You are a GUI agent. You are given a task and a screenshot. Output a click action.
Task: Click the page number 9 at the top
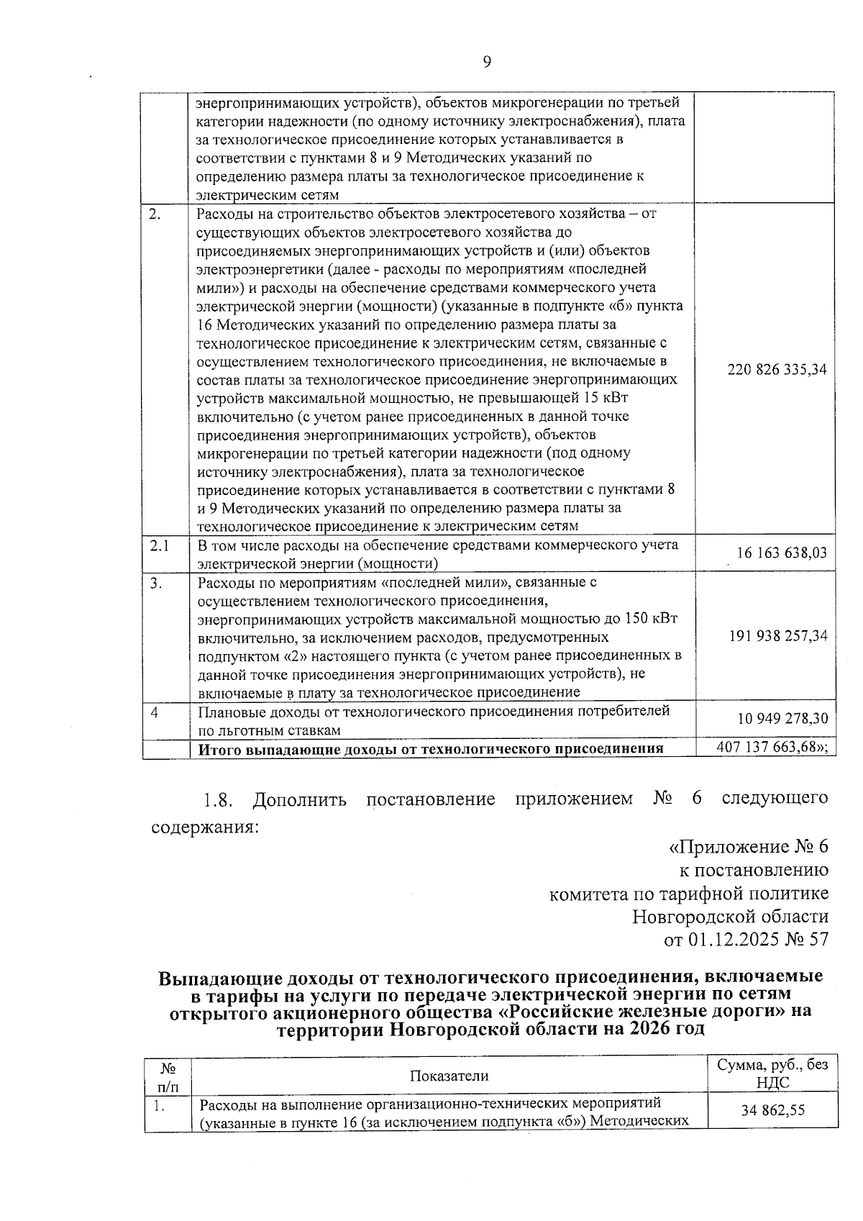pos(486,62)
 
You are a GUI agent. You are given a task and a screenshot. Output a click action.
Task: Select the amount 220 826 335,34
pos(777,370)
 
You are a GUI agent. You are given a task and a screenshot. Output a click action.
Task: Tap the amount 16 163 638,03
pos(782,553)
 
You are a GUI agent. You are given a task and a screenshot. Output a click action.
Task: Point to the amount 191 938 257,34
pos(777,636)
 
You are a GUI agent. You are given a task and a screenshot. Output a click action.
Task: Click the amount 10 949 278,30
pos(782,718)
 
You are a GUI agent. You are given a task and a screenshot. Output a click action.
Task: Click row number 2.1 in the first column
pos(160,545)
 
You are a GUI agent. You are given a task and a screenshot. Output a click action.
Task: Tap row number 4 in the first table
pos(155,712)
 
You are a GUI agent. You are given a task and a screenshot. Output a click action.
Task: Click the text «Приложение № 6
pos(749,847)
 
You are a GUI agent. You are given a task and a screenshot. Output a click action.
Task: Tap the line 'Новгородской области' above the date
pos(730,917)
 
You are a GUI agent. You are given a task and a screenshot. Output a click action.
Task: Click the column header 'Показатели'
pos(449,1076)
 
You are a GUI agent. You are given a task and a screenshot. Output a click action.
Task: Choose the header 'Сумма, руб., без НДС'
pos(772,1074)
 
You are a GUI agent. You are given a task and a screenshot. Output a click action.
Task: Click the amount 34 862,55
pos(773,1110)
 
